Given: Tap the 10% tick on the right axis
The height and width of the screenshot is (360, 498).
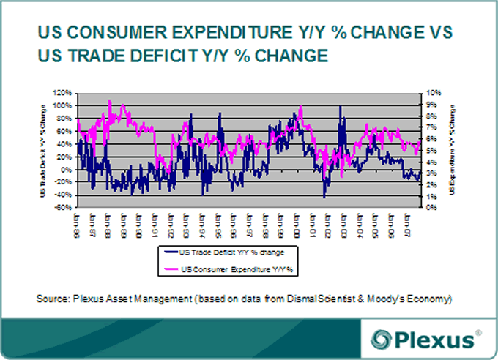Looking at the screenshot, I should (x=434, y=93).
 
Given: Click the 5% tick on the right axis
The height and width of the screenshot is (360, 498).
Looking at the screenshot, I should (x=432, y=151).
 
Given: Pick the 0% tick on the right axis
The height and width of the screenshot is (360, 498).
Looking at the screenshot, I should (x=432, y=208).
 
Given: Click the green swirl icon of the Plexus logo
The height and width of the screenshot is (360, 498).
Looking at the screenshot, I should (x=381, y=340).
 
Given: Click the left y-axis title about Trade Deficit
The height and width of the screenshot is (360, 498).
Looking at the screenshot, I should (x=45, y=151).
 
